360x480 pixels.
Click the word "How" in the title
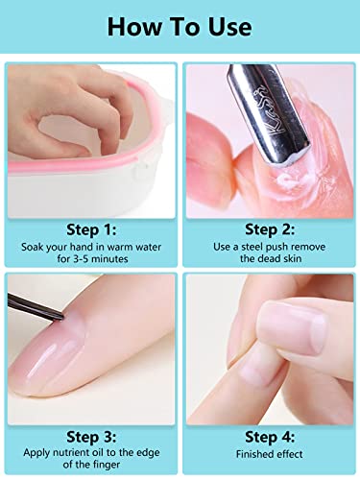click(x=134, y=27)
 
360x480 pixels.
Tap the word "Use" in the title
click(x=229, y=27)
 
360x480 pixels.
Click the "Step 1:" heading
click(x=91, y=229)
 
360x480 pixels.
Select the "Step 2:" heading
click(x=270, y=229)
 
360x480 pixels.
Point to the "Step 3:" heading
click(x=91, y=437)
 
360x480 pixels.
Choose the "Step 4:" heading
click(x=270, y=437)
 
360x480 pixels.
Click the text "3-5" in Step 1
click(x=81, y=258)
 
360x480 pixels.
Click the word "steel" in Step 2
click(x=252, y=247)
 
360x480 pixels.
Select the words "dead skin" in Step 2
click(x=278, y=258)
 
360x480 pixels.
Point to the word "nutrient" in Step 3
click(x=71, y=453)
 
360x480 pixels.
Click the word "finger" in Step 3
click(x=106, y=465)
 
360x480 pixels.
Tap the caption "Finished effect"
click(x=270, y=454)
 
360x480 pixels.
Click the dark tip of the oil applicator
click(x=60, y=317)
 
